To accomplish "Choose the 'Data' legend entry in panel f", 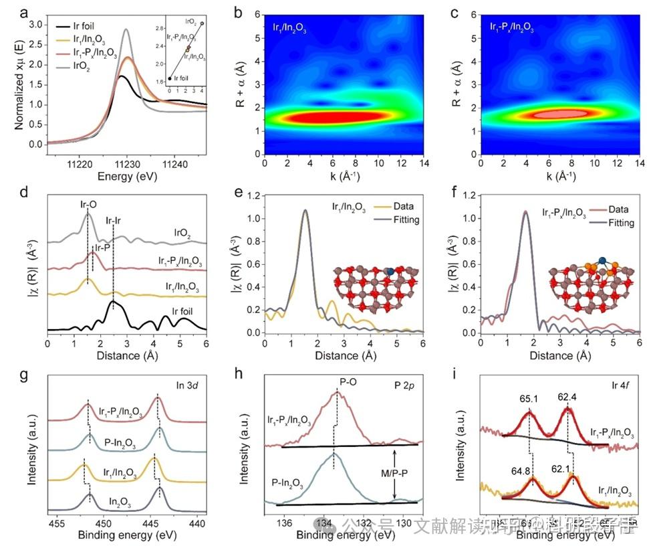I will pyautogui.click(x=614, y=209).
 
